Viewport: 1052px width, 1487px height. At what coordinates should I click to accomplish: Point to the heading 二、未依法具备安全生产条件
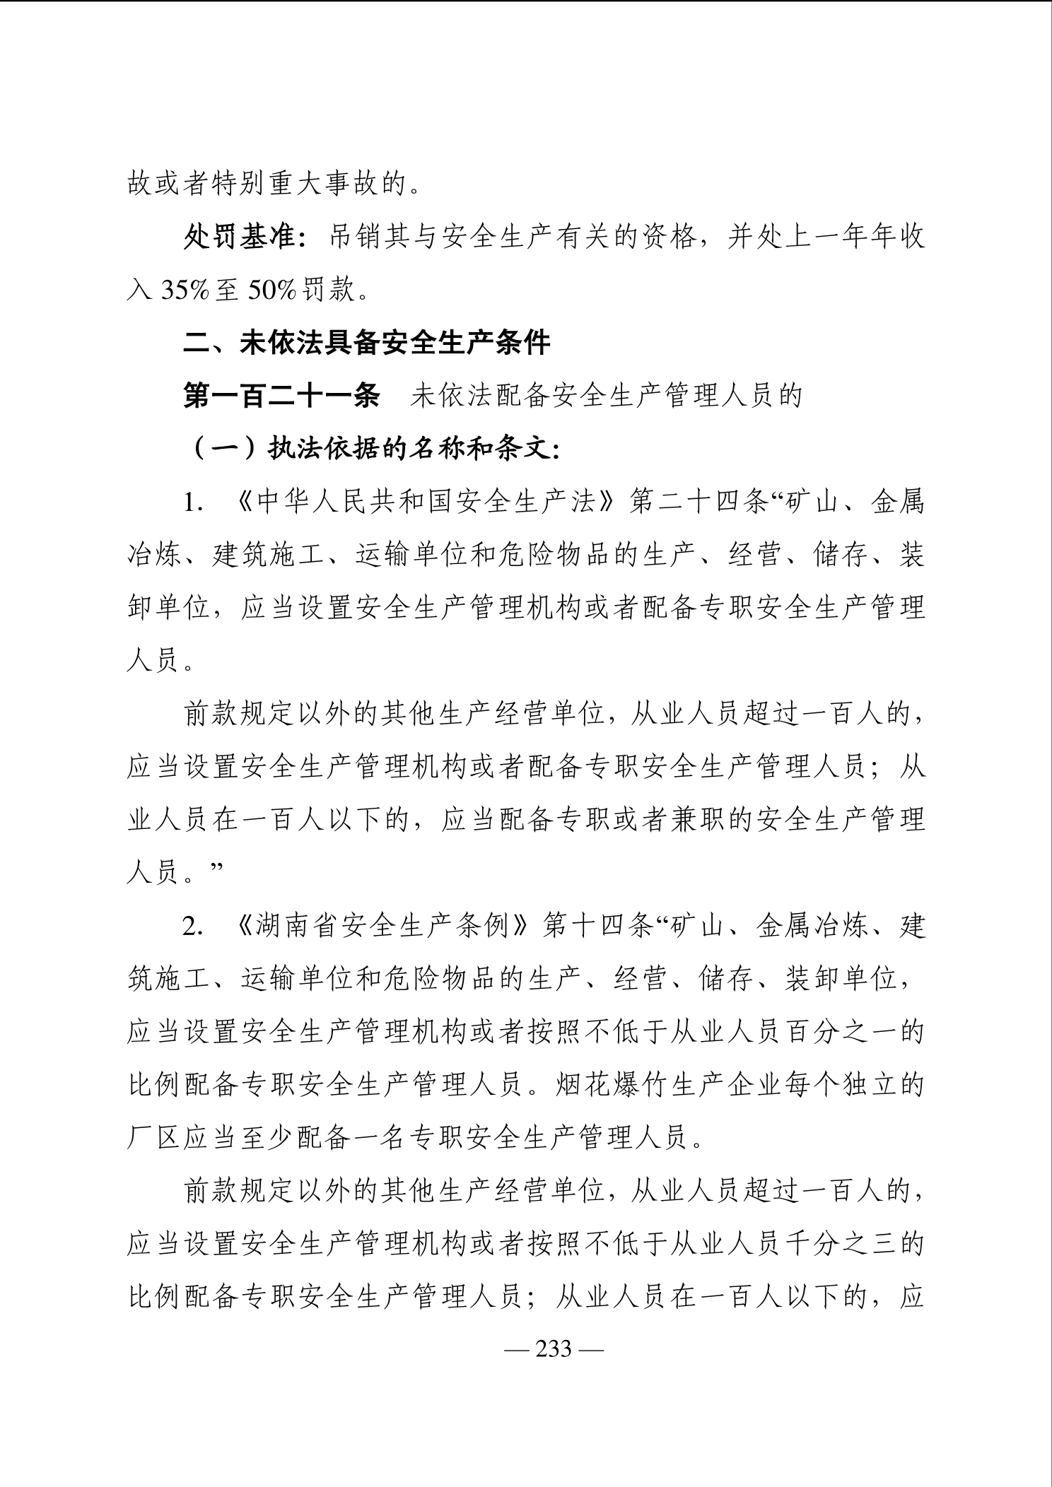(367, 343)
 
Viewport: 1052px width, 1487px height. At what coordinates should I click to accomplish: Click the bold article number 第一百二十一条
(282, 396)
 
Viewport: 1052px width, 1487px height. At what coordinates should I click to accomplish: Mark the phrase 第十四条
(597, 927)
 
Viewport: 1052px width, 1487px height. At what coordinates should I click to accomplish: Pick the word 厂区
(155, 1139)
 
